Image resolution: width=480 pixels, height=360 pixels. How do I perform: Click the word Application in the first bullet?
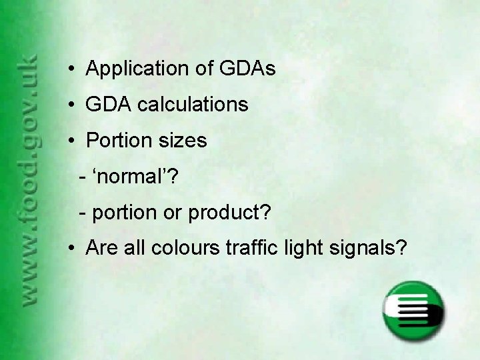point(136,69)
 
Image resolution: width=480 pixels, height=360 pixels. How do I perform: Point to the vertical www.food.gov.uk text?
point(31,180)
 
